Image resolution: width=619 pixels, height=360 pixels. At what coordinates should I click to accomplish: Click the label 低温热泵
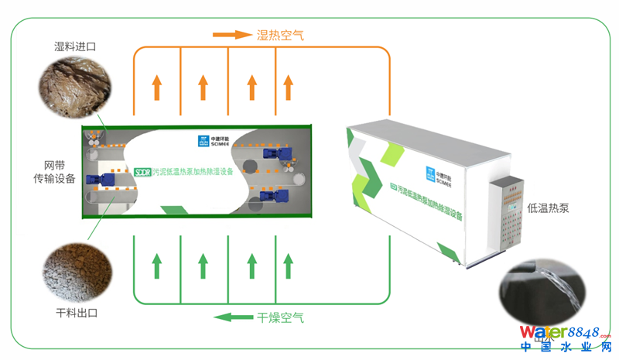pos(548,208)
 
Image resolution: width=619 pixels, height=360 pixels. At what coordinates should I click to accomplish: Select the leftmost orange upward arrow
pos(157,87)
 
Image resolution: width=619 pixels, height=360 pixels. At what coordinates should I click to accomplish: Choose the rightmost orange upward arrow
pos(287,87)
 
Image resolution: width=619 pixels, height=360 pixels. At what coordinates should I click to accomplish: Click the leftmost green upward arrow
pos(157,265)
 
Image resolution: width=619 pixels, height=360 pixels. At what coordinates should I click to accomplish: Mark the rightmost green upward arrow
pos(287,265)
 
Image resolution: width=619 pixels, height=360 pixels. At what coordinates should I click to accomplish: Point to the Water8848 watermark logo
pos(567,339)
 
